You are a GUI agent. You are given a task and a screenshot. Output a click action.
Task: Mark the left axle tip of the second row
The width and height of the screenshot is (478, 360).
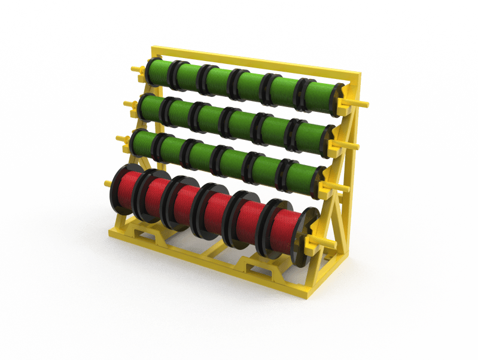(127, 105)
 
